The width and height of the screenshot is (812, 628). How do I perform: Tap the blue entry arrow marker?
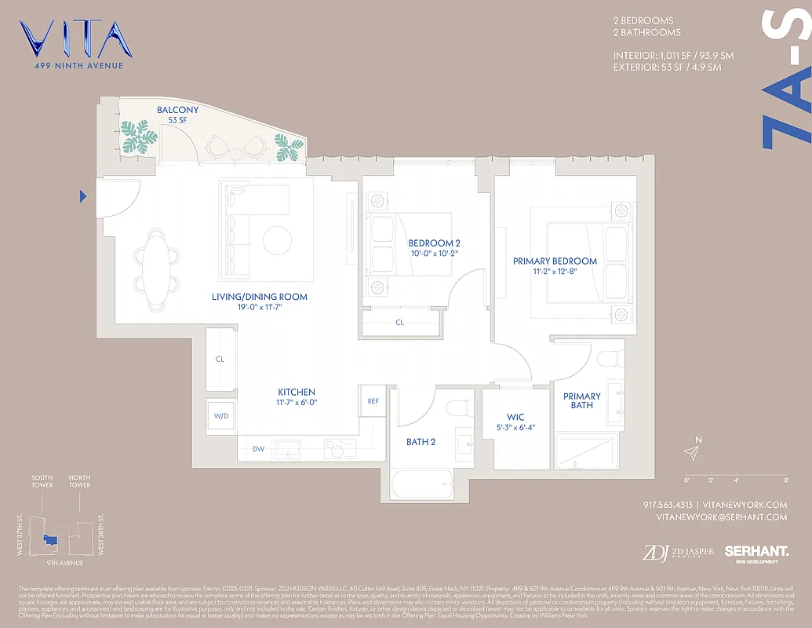(83, 196)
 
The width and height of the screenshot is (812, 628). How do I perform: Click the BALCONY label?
(177, 110)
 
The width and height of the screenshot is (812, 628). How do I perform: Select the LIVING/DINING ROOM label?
(259, 297)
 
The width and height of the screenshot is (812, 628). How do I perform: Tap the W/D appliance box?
(220, 415)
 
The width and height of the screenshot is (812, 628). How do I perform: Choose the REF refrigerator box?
(373, 401)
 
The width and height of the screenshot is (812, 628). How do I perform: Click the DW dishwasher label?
(258, 449)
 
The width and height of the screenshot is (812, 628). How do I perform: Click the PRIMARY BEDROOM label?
(555, 261)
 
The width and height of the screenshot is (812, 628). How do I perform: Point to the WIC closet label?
(515, 417)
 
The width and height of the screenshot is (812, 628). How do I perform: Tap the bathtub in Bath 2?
(422, 484)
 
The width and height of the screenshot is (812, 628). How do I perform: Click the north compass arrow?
(691, 452)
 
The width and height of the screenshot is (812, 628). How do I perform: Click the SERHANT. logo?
(756, 553)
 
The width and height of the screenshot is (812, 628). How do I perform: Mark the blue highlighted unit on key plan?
(50, 540)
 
